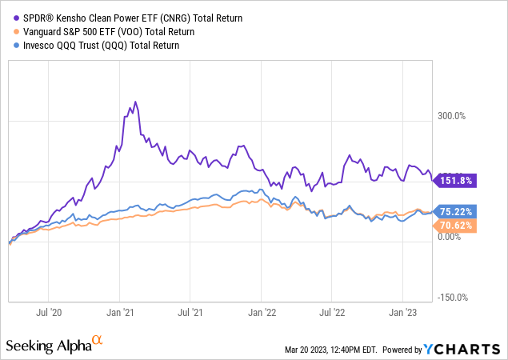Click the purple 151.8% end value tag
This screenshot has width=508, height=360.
(x=455, y=181)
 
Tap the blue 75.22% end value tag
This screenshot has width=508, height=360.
(x=455, y=211)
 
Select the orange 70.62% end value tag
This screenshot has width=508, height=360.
(x=455, y=226)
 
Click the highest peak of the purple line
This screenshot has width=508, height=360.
(x=136, y=102)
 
